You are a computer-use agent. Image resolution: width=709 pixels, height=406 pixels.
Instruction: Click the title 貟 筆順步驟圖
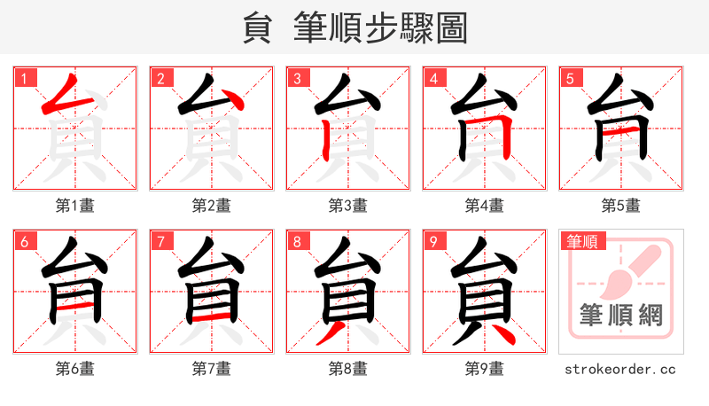coord(354,28)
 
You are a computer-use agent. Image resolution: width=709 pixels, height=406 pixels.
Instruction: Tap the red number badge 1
coord(24,78)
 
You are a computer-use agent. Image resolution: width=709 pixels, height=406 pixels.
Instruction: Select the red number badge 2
coord(160,78)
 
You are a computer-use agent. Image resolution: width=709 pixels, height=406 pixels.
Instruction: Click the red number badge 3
coord(297,78)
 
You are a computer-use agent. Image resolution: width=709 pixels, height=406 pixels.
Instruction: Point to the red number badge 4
coord(433,78)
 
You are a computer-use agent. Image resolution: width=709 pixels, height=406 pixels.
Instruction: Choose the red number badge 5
coord(570,78)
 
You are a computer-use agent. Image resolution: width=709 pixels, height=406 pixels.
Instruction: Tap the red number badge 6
coord(24,241)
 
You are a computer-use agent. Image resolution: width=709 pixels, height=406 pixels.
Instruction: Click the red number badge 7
coord(160,241)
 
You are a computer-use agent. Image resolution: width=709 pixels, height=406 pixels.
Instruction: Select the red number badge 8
coord(297,241)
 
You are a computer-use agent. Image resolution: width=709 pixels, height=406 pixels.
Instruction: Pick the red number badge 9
coord(433,241)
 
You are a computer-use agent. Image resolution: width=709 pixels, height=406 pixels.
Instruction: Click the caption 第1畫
coord(75,206)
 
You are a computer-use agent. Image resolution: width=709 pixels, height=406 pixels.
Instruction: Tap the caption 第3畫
coord(348,206)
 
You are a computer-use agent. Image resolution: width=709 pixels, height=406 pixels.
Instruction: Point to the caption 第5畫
coord(621,206)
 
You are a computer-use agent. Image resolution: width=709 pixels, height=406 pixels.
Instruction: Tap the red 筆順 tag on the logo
coord(582,241)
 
